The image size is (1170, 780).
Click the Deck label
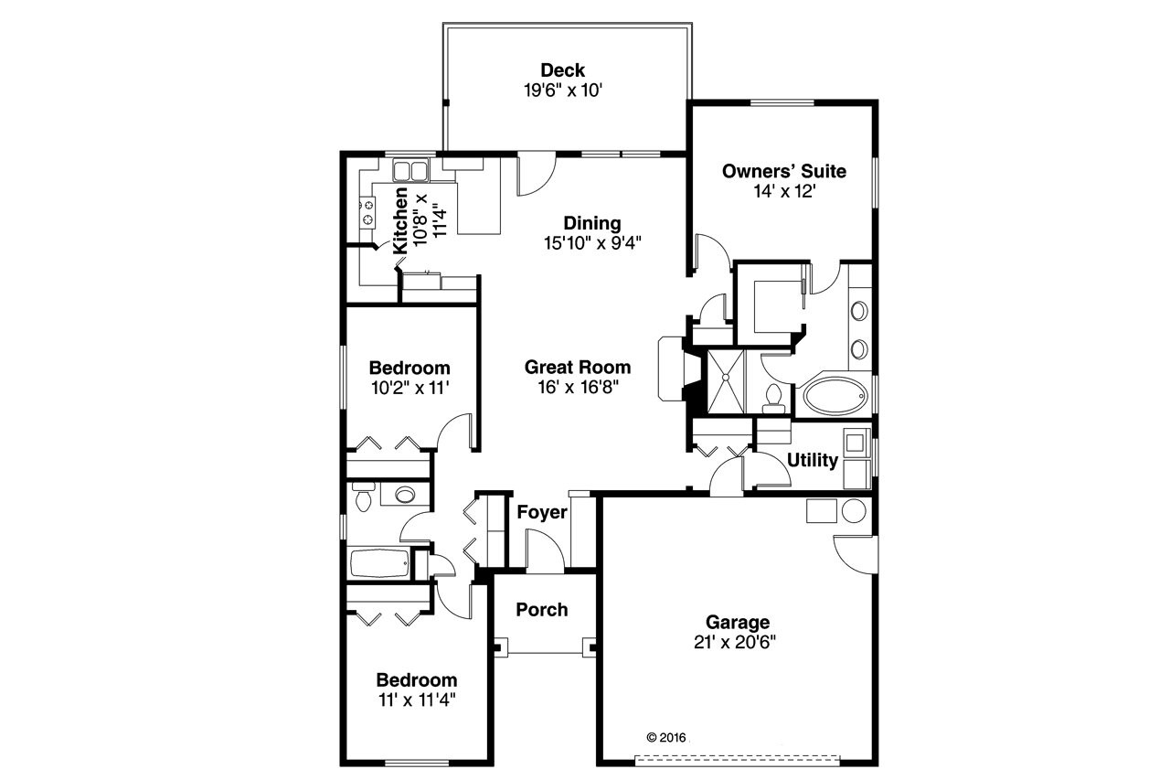point(562,70)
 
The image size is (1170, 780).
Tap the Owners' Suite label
point(783,171)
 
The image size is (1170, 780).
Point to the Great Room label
point(577,367)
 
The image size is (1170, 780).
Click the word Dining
point(591,223)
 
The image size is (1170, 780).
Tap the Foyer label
point(542,512)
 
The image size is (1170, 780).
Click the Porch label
point(541,609)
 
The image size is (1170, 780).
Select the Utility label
point(812,460)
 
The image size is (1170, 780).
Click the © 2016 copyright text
point(665,737)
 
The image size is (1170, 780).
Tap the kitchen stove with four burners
point(367,212)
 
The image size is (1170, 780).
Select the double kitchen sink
point(411,170)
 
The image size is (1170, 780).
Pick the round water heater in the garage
point(853,510)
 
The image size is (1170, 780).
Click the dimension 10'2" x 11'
point(410,388)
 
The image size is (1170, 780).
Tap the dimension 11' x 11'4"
point(416,700)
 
